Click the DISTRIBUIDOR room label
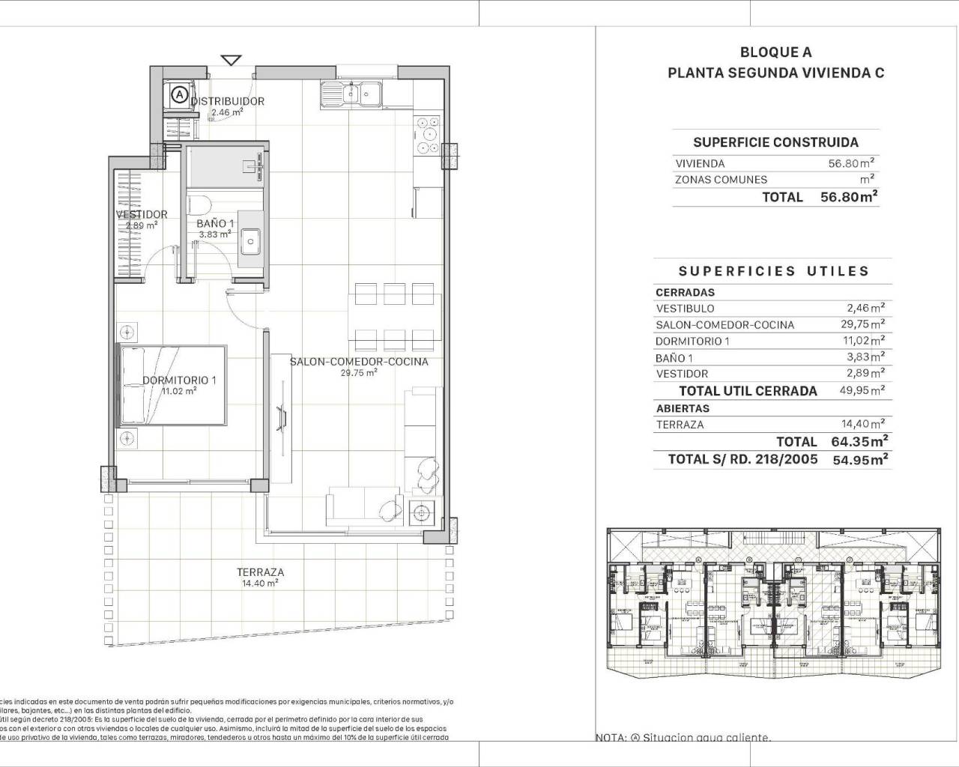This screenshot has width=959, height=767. (x=227, y=101)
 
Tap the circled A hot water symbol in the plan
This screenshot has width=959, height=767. (x=179, y=95)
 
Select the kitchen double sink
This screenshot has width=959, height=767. (x=351, y=94)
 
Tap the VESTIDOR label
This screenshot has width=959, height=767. (x=142, y=214)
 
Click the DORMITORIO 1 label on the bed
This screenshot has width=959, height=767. (x=179, y=381)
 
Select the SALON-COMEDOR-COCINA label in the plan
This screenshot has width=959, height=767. (x=359, y=362)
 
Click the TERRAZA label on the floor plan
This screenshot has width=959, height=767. (x=260, y=572)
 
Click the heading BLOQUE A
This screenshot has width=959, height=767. (x=775, y=52)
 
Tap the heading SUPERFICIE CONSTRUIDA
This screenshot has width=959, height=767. (x=775, y=142)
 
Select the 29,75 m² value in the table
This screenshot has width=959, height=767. (x=865, y=324)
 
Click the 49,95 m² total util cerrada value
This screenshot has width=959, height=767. (x=865, y=390)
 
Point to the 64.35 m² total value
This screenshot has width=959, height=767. (x=859, y=441)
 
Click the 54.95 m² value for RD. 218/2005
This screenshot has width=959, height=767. (x=860, y=460)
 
